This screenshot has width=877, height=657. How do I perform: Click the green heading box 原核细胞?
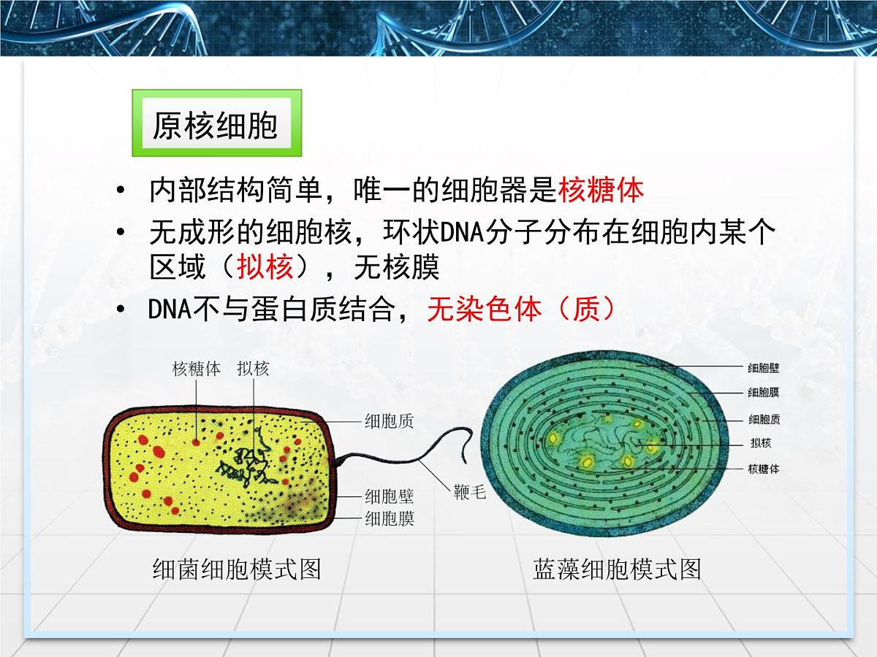click(x=216, y=123)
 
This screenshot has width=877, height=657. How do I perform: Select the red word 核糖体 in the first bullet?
click(x=601, y=190)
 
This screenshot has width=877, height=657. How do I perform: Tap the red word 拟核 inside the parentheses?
click(x=265, y=268)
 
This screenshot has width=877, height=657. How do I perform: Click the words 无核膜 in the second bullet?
click(x=396, y=268)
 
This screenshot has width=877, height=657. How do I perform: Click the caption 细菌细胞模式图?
click(x=237, y=569)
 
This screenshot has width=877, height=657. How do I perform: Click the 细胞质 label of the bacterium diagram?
click(x=389, y=420)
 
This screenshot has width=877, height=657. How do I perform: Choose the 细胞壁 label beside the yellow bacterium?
click(x=390, y=497)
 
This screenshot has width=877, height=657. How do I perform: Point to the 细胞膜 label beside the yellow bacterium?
click(x=390, y=519)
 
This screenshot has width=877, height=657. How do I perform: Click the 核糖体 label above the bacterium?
click(x=197, y=368)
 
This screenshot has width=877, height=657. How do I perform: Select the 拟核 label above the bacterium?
click(x=253, y=368)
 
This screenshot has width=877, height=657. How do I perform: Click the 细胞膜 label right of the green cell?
click(x=763, y=393)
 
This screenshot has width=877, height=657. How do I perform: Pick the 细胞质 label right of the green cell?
click(x=763, y=420)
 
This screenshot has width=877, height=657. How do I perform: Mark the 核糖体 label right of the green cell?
click(x=763, y=469)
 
